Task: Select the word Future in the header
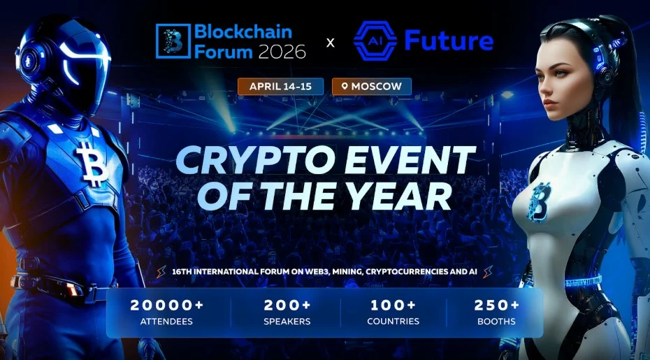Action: pyautogui.click(x=449, y=41)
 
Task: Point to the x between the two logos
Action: pyautogui.click(x=331, y=43)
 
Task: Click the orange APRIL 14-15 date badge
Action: pyautogui.click(x=280, y=86)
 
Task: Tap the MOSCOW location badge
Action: pyautogui.click(x=371, y=86)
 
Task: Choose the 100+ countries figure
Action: pyautogui.click(x=393, y=305)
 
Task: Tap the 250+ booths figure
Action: pyautogui.click(x=497, y=305)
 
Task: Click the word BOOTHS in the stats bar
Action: pyautogui.click(x=497, y=322)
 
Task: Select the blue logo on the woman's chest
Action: pyautogui.click(x=539, y=201)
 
